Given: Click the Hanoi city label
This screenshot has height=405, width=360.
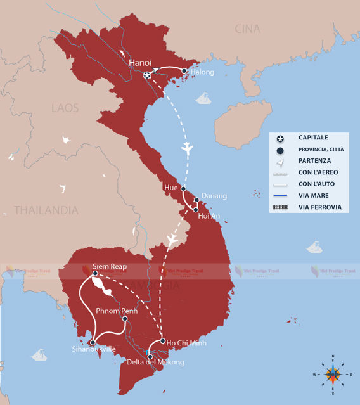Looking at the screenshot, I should pyautogui.click(x=140, y=63).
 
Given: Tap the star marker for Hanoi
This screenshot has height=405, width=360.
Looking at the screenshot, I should pyautogui.click(x=148, y=76).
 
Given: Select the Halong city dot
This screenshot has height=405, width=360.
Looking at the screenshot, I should pyautogui.click(x=184, y=72).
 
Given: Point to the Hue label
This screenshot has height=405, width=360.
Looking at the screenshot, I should pyautogui.click(x=170, y=188).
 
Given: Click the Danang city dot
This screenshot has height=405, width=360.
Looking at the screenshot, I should pyautogui.click(x=197, y=200).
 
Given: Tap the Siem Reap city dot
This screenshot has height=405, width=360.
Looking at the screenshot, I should pyautogui.click(x=95, y=274).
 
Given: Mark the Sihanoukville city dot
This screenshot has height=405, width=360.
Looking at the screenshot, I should pyautogui.click(x=93, y=343).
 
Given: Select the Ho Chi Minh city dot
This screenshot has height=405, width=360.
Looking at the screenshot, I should pyautogui.click(x=163, y=342).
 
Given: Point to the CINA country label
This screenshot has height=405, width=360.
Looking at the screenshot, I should pyautogui.click(x=247, y=29).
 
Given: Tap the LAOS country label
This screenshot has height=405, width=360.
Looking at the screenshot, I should pyautogui.click(x=65, y=108).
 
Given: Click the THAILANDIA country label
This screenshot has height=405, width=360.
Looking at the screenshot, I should pyautogui.click(x=46, y=210).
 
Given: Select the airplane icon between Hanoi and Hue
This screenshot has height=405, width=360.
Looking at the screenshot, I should pyautogui.click(x=186, y=148).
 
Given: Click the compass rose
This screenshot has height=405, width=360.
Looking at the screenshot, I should pyautogui.click(x=333, y=374).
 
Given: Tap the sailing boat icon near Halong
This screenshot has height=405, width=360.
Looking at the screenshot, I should pyautogui.click(x=203, y=98).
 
